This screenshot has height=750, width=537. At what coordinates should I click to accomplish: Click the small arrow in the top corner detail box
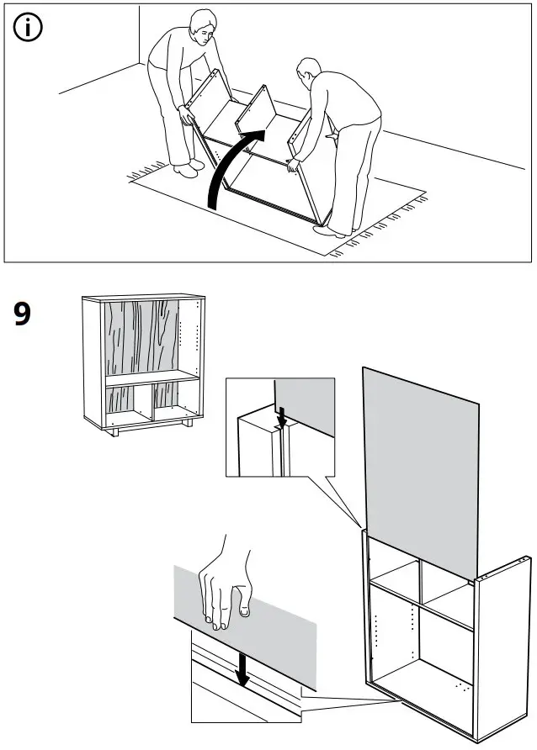point(282,415)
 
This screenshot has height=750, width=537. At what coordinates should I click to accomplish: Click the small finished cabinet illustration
point(143,362)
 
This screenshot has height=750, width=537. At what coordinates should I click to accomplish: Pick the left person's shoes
point(187,171)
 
